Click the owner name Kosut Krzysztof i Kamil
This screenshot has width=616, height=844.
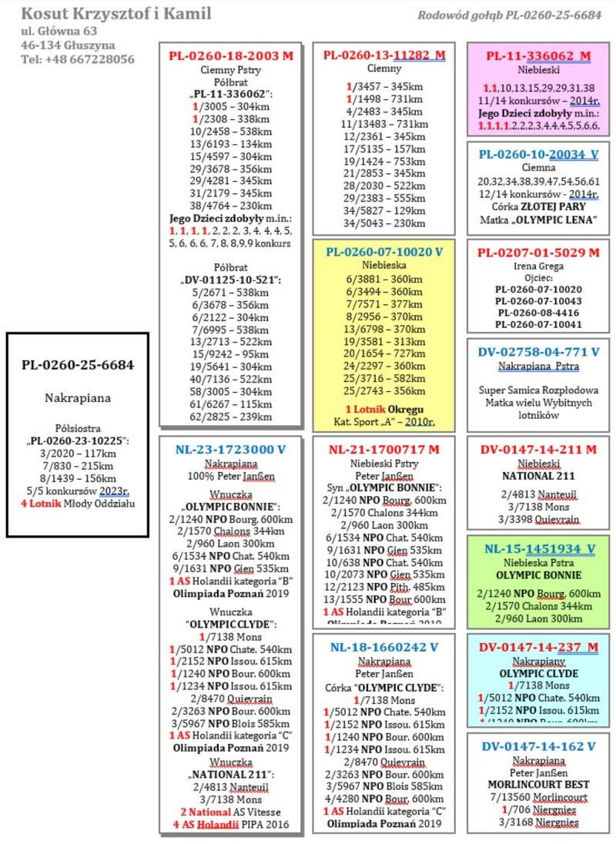[x=116, y=14]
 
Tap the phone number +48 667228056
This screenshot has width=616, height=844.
[x=78, y=59]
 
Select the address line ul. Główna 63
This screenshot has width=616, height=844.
[x=59, y=31]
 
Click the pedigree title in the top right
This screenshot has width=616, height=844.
[x=509, y=15]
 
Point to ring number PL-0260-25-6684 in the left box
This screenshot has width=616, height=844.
[x=77, y=364]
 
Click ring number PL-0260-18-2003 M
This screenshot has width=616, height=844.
[x=231, y=55]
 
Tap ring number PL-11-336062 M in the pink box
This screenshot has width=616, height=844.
[x=538, y=55]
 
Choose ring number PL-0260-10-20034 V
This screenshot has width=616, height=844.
[x=538, y=154]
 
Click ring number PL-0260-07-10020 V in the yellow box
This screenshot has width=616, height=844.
[x=384, y=252]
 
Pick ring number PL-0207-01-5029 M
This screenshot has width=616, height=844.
[x=538, y=252]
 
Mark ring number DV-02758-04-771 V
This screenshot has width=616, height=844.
[x=538, y=351]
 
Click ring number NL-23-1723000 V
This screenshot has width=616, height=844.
[x=231, y=450]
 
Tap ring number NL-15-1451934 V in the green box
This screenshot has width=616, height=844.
[x=539, y=548]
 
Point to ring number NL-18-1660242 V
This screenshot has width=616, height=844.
[x=384, y=647]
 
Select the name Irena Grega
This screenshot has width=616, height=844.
[x=538, y=266]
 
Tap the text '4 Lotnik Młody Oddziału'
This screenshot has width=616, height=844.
[x=77, y=504]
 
